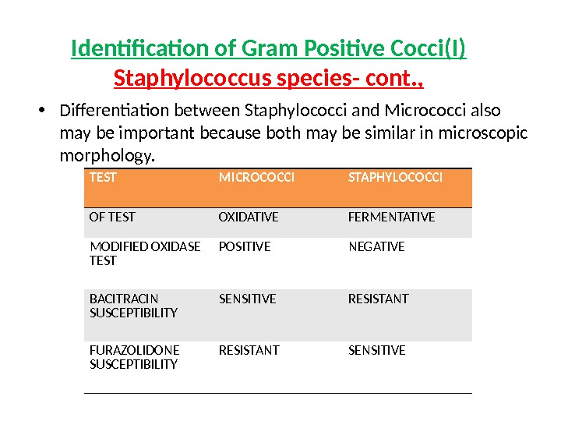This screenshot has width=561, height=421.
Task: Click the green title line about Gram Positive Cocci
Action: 269,50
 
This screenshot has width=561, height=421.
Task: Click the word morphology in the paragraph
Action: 108,157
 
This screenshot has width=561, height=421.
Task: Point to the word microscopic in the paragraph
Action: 479,133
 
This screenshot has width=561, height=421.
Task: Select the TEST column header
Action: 103,178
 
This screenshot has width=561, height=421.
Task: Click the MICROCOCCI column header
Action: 256,178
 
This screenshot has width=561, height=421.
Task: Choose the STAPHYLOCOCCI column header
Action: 395,178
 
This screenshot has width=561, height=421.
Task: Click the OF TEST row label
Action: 112,217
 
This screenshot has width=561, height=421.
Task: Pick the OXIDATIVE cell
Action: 248,217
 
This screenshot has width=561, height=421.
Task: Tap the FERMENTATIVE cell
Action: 391,217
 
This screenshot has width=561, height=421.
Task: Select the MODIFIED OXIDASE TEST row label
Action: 145,253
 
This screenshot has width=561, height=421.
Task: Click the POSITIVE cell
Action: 245,246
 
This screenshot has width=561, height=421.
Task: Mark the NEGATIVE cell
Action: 376,246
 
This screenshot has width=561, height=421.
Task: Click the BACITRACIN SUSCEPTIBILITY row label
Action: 133,306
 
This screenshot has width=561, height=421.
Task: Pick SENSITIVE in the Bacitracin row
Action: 247,299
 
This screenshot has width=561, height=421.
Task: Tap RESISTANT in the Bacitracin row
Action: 378,299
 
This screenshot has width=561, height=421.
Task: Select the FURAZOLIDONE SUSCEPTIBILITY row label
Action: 134,357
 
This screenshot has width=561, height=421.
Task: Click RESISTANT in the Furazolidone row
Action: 249,350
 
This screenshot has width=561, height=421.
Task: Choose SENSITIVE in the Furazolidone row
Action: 376,350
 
